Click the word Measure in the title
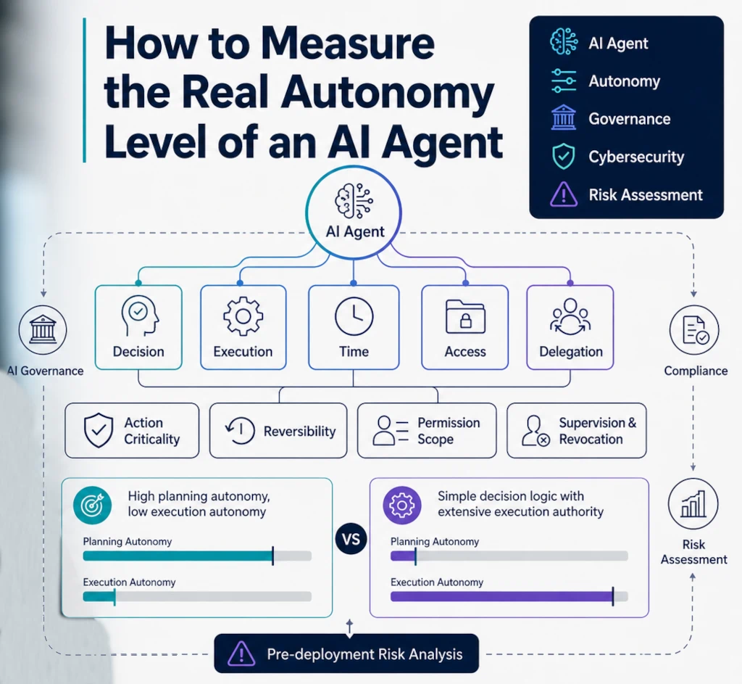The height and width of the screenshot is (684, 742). point(348,44)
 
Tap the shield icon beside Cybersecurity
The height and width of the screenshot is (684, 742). point(563,157)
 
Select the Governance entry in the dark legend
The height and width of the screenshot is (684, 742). point(630,119)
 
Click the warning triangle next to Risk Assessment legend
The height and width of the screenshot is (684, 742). point(563,194)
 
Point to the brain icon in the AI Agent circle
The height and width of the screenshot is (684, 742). point(354,201)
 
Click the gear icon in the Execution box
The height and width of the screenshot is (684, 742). point(243,316)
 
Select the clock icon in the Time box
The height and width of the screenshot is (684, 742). point(354,316)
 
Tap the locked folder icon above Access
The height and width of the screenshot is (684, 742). point(465,317)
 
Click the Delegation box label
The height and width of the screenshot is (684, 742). point(571,352)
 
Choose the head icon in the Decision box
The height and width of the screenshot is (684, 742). point(139,316)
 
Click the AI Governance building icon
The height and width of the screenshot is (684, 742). point(43,330)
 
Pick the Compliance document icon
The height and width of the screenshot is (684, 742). point(693,330)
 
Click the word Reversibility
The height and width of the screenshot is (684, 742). point(299,431)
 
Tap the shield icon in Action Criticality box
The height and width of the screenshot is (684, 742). point(99,430)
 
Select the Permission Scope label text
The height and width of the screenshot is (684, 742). point(449,431)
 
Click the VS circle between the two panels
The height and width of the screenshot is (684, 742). point(351,539)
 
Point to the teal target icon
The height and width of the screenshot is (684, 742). point(92,505)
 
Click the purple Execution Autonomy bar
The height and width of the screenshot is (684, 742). point(501,596)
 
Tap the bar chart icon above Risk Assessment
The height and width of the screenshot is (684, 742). point(693,503)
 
